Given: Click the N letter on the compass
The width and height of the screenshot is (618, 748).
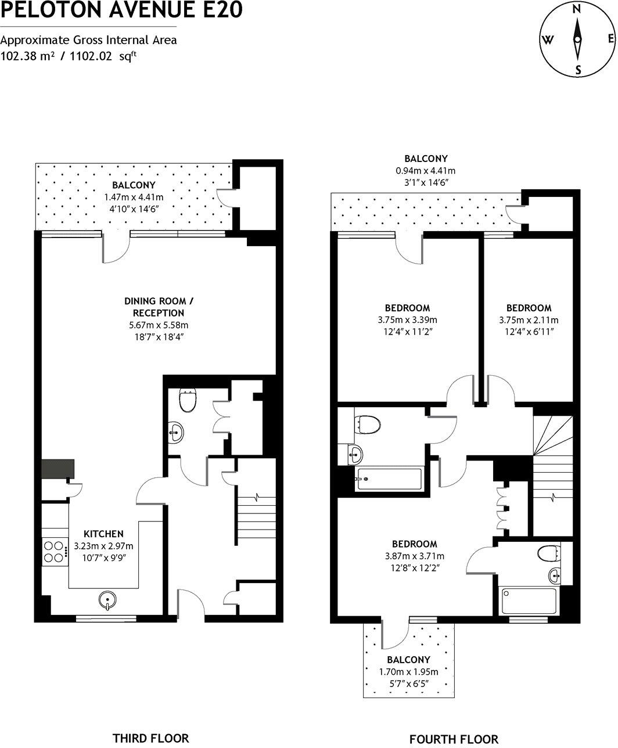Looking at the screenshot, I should pos(577,9).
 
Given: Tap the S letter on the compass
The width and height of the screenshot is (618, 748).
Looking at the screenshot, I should pos(578,70).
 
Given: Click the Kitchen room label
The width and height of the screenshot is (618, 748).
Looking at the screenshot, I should pos(103,534).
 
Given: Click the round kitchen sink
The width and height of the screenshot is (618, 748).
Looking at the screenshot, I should pos(107,600).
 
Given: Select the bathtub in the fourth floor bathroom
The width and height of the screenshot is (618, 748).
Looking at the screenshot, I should pos(389,479).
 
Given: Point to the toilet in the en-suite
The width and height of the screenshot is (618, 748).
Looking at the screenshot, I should pos(548,553).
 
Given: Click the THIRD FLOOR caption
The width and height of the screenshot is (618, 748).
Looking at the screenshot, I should pos(150,738).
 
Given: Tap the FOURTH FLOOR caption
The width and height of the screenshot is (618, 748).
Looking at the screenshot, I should pos(454,739).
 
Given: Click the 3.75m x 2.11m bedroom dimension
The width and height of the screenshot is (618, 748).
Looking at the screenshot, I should pos(529,320).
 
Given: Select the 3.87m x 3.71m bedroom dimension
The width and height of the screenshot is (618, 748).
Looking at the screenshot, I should pos(414,556).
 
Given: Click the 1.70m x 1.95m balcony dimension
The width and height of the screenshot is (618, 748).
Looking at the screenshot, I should pos(408,672).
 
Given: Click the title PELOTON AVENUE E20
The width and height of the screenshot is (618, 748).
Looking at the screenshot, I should pos(121,10).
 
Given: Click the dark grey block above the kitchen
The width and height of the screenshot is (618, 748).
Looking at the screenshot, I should pos(58,469).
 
